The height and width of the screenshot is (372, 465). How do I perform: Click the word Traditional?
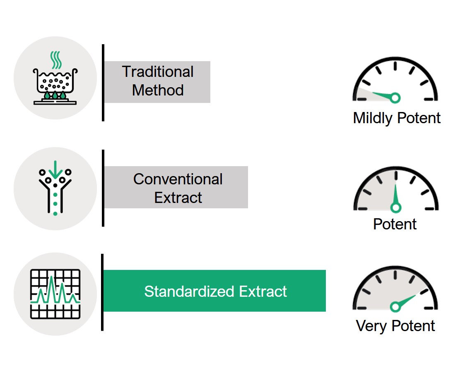coord(158,72)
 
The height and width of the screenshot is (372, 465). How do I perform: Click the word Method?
coord(158,90)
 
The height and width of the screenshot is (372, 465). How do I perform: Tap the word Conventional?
coord(178,179)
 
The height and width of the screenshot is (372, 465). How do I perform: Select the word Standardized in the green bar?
coord(189,291)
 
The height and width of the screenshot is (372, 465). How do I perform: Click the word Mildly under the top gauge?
coord(373,118)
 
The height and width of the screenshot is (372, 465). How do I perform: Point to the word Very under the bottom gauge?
coord(372,326)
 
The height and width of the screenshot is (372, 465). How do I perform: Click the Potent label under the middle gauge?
coord(395,224)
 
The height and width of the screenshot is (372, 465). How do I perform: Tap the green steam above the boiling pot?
coord(56,60)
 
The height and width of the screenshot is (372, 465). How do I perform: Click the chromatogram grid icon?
coord(55,294)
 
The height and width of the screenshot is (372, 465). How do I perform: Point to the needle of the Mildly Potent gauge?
coord(383,95)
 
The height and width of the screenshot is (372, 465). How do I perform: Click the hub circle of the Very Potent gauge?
coord(395,307)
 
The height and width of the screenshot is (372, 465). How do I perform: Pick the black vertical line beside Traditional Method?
coord(103,83)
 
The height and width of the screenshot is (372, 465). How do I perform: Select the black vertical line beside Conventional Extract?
coord(103,188)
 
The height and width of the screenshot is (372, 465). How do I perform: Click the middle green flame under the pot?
coord(55,95)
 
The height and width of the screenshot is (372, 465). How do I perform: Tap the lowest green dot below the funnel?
coord(55,214)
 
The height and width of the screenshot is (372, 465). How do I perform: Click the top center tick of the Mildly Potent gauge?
coord(395,66)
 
